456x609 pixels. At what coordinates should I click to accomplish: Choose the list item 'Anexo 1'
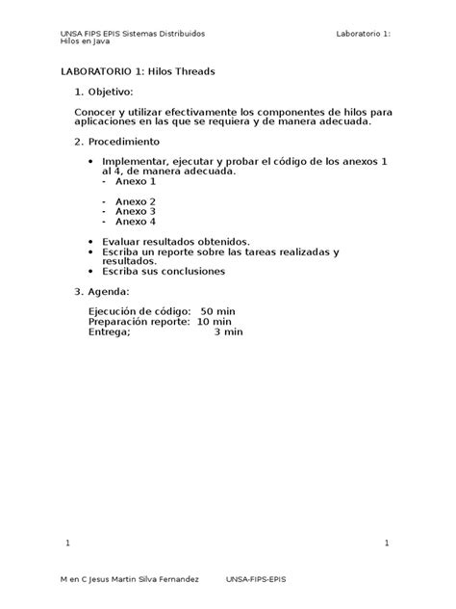click(x=136, y=180)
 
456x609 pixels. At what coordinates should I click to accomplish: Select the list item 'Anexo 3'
click(x=136, y=210)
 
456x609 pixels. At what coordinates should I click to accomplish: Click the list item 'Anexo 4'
click(x=136, y=221)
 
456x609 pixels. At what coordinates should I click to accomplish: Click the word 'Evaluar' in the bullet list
click(x=121, y=241)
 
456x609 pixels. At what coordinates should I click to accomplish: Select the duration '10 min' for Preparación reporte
click(x=214, y=321)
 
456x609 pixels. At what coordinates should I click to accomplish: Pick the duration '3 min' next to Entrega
click(x=228, y=331)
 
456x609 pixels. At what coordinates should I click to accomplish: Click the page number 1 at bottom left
click(x=68, y=544)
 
